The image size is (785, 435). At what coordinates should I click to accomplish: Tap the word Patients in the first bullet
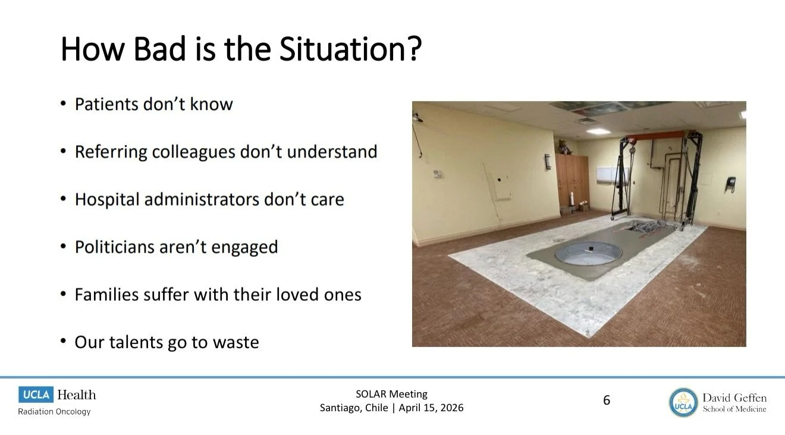click(106, 104)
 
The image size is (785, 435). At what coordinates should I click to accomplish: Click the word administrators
click(202, 199)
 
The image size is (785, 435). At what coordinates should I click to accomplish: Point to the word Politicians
click(115, 247)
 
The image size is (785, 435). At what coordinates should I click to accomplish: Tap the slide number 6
click(607, 400)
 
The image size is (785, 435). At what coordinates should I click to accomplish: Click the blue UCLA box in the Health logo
click(36, 395)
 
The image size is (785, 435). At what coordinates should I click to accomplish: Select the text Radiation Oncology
click(54, 412)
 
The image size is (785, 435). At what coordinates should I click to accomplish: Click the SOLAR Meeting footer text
click(391, 394)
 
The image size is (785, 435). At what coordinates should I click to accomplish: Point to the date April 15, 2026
click(431, 408)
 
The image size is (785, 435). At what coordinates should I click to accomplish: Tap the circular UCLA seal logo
click(683, 402)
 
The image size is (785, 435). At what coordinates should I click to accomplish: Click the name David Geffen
click(734, 398)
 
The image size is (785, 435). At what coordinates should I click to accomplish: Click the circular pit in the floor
click(588, 253)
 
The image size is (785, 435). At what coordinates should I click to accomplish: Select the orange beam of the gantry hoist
click(655, 135)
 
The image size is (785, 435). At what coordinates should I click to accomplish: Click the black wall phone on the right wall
click(730, 184)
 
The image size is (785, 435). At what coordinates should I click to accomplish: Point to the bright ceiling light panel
click(598, 131)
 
